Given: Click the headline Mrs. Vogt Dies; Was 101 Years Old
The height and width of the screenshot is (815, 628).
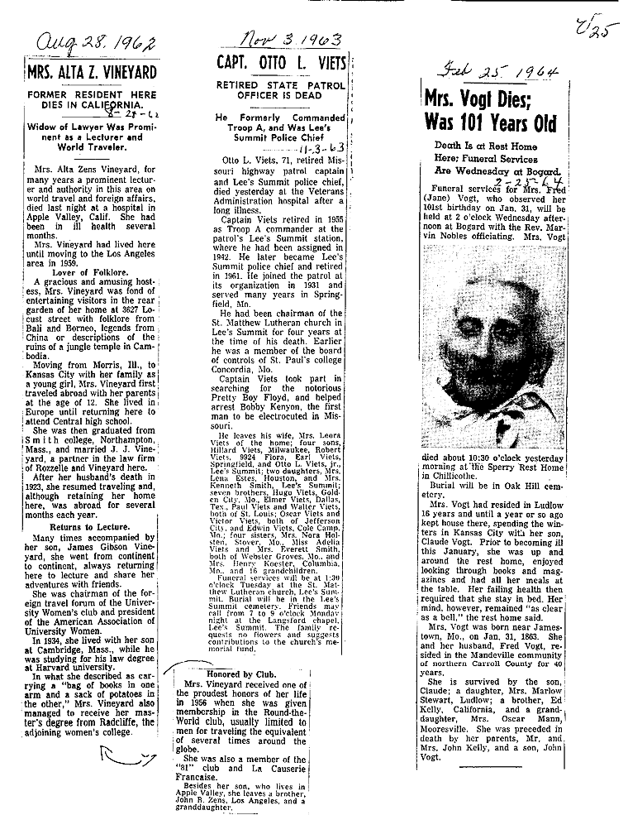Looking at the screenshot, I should (x=489, y=111).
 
